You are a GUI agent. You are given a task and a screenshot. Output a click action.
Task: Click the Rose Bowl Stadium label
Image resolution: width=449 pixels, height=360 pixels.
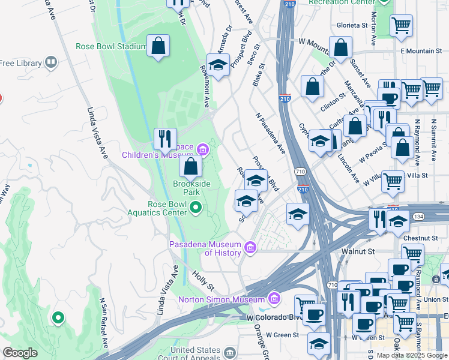(111, 46)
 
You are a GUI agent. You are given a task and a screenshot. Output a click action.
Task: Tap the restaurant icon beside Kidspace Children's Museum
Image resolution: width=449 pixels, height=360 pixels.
(164, 138)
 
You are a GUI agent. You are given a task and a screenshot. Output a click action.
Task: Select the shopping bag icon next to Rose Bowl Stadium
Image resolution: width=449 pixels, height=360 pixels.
(158, 46)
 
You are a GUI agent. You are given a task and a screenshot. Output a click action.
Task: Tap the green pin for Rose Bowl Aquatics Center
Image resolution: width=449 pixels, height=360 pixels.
(196, 208)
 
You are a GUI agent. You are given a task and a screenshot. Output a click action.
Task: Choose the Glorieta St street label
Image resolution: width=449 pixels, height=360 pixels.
(352, 26)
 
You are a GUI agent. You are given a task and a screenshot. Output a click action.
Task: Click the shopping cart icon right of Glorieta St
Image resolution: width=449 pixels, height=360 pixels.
(400, 26)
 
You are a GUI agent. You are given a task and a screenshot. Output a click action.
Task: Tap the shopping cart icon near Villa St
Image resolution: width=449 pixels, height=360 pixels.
(393, 180)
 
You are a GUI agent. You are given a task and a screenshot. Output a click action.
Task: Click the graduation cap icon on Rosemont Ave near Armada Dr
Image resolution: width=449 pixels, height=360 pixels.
(218, 65)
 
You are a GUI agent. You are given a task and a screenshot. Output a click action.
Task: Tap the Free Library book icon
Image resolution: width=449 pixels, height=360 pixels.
(51, 62)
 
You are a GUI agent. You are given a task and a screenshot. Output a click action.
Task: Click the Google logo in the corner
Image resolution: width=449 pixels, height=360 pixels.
(20, 353)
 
